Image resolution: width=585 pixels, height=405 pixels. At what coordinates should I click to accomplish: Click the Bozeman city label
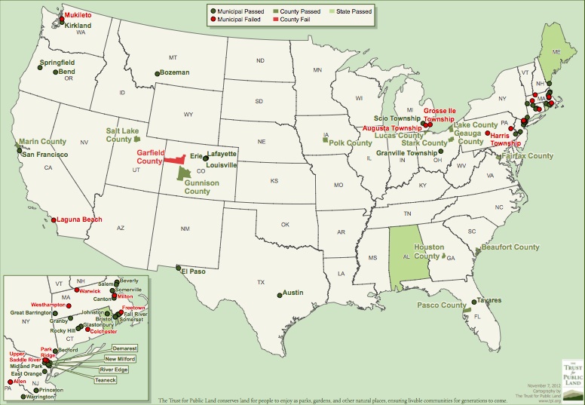pos(175,72)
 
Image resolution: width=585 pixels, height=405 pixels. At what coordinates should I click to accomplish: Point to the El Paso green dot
pos(178,268)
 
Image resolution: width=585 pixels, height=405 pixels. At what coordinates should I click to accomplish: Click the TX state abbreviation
pos(261,283)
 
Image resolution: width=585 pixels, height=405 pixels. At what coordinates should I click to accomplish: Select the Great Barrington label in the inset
pos(34,312)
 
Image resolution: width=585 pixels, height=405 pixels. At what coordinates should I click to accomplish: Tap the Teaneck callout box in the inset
pos(105,380)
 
